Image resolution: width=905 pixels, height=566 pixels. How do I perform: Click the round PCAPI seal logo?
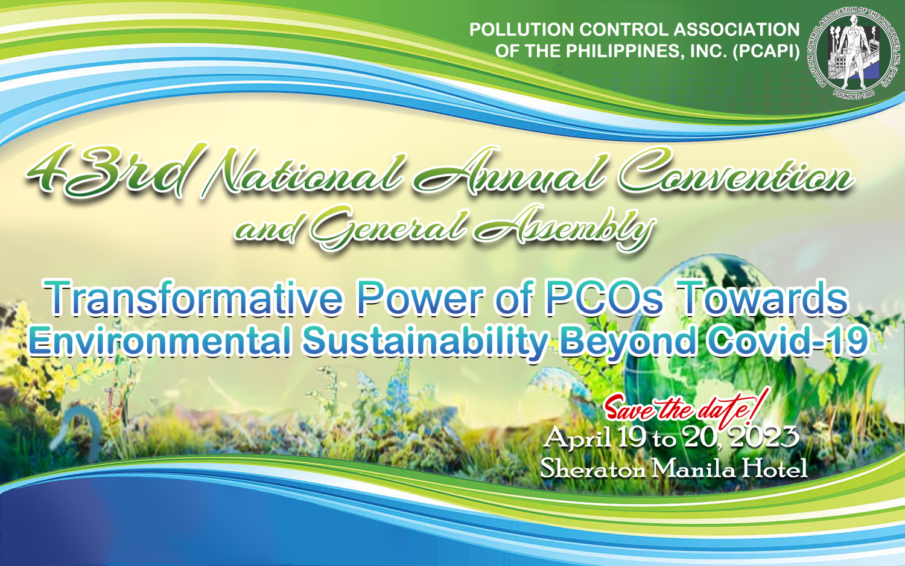pyautogui.click(x=854, y=53)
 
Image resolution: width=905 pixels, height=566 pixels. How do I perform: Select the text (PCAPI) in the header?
pyautogui.click(x=766, y=51)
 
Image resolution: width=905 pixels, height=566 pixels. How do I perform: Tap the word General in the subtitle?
pyautogui.click(x=389, y=229)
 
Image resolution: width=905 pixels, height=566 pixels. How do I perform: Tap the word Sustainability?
pyautogui.click(x=425, y=342)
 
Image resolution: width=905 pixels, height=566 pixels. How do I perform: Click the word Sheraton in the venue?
pyautogui.click(x=592, y=469)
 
